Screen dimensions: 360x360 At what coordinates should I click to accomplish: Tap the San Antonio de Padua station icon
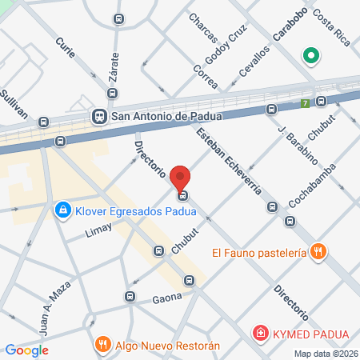tap(100, 116)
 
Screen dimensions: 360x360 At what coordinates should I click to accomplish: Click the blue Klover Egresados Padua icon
tap(62, 210)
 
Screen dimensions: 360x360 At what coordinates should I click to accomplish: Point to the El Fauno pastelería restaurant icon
tap(318, 252)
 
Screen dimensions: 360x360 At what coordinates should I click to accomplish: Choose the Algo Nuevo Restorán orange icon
tap(102, 345)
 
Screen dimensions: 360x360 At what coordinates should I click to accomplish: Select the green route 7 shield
tap(305, 103)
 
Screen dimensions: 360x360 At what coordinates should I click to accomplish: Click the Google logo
tap(27, 350)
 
